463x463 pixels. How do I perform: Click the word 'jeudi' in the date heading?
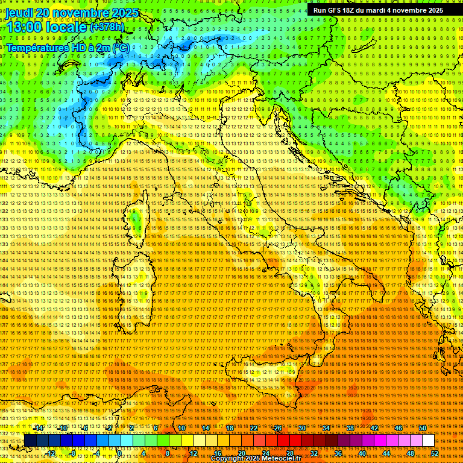(19, 13)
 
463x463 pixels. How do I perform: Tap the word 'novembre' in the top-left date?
(82, 13)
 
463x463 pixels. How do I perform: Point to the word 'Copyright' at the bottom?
(229, 459)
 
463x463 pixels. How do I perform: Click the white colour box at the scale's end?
(428, 441)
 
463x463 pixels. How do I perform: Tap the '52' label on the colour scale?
(434, 453)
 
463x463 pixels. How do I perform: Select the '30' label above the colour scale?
(302, 428)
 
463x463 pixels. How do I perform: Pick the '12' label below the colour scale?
(194, 453)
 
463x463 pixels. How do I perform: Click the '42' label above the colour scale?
(374, 428)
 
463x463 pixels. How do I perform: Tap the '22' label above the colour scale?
(254, 428)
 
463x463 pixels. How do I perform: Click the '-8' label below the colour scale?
(73, 453)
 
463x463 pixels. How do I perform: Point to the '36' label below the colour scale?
(338, 453)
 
